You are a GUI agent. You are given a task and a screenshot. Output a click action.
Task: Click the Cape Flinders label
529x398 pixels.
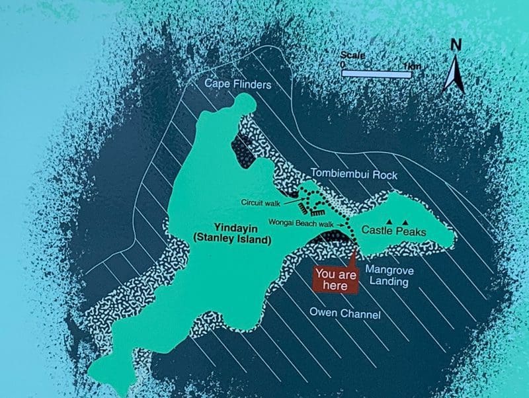(x=237, y=84)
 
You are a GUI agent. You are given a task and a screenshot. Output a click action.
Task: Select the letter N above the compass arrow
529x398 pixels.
(x=455, y=46)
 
